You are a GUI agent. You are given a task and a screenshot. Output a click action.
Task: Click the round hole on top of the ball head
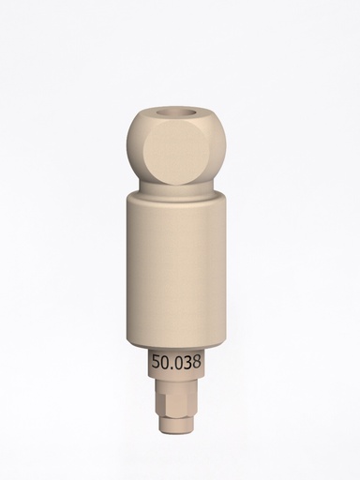[x=179, y=118]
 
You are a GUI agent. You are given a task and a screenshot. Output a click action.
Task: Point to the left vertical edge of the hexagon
[x=160, y=406]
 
